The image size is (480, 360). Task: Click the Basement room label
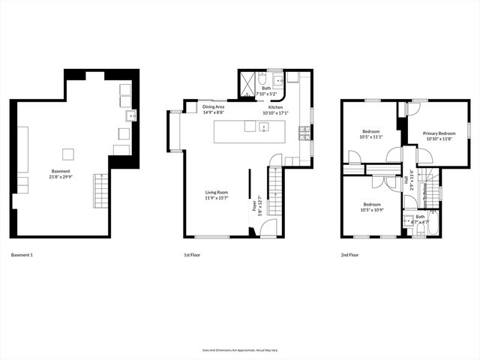61,171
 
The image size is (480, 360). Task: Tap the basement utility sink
132,115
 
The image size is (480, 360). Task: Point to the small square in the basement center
68,154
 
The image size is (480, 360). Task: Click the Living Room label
217,192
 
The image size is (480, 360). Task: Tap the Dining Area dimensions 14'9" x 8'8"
213,112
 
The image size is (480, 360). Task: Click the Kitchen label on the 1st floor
276,106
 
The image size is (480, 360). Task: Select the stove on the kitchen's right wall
304,133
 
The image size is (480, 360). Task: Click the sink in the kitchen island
264,127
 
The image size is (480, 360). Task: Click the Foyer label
254,202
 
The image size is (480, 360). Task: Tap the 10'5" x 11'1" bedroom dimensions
371,137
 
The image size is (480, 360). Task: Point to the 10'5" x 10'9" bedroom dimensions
373,210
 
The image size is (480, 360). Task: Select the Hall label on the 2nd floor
407,180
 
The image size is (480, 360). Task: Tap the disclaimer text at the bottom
240,349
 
